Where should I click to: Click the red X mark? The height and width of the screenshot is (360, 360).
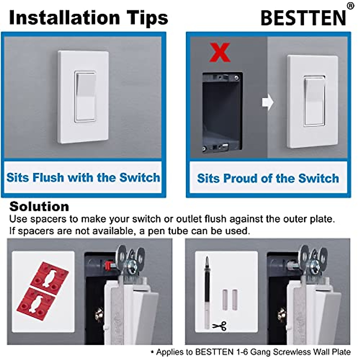[220, 52]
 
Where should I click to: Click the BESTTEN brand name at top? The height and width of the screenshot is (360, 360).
[303, 18]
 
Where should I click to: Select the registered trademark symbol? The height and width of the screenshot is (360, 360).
[350, 6]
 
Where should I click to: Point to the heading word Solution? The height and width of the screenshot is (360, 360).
[39, 207]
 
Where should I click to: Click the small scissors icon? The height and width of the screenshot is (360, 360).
[220, 325]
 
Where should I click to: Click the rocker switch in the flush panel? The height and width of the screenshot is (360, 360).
[85, 97]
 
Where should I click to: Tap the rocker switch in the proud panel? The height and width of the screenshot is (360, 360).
[314, 101]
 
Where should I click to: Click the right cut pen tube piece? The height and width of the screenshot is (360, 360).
[235, 299]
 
